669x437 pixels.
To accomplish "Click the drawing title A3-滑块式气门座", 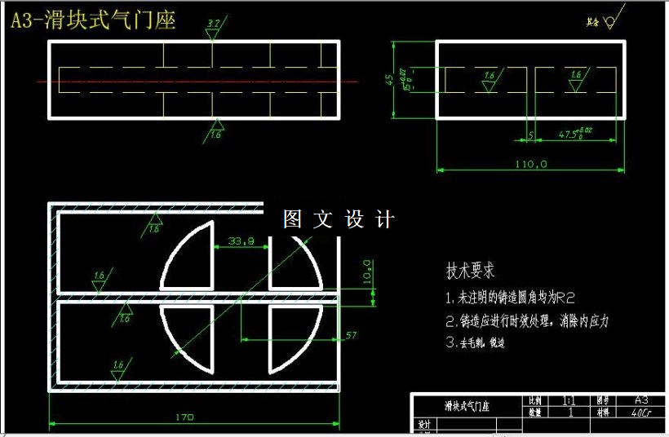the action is point(92,20).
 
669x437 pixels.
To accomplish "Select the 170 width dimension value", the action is point(184,417).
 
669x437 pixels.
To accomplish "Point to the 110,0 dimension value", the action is point(530,165).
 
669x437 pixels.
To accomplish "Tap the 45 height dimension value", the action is point(390,79).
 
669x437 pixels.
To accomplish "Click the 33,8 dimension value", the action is point(241,241).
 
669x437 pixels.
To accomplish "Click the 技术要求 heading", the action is point(470,271).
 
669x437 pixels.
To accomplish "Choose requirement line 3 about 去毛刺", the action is point(475,343).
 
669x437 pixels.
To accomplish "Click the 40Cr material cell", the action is point(641,413).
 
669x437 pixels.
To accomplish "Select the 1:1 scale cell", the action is point(569,401).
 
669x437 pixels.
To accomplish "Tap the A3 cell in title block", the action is point(641,400).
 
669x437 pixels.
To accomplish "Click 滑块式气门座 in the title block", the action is point(466,406).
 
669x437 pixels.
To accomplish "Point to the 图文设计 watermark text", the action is point(339,219).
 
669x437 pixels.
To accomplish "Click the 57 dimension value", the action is point(352,335).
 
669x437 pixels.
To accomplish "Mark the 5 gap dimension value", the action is point(531,135).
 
